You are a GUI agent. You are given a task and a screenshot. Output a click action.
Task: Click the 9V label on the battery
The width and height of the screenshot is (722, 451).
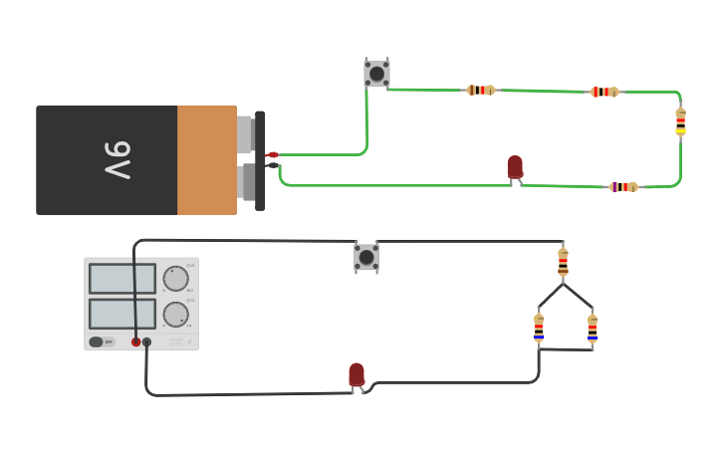click(x=117, y=160)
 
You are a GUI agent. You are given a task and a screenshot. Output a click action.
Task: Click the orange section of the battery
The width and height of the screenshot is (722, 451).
click(x=206, y=160)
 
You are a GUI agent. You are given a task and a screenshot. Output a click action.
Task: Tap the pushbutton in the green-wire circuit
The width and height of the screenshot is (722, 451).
click(x=376, y=73)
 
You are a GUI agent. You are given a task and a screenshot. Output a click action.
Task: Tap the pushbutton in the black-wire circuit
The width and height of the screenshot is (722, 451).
click(x=366, y=257)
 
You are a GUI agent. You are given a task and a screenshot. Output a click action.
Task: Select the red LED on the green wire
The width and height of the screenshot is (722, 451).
click(x=515, y=167)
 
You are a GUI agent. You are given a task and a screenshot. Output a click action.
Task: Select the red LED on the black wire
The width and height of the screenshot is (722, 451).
click(x=357, y=374)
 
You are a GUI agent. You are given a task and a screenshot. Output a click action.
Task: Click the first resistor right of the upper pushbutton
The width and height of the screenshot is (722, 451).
click(x=481, y=90)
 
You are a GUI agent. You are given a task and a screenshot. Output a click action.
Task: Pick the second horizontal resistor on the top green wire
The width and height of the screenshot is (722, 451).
click(x=604, y=92)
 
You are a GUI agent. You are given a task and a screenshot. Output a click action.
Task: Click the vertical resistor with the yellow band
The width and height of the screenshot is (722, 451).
click(x=680, y=120)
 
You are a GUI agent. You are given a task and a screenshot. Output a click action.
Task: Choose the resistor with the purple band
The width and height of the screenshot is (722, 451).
click(x=623, y=186)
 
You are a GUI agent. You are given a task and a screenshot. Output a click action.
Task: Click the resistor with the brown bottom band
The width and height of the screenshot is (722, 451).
click(x=563, y=262)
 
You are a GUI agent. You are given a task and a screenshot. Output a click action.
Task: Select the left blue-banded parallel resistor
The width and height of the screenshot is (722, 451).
click(x=539, y=328)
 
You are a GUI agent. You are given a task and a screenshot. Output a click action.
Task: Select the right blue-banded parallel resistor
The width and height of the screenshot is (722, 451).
click(x=592, y=329)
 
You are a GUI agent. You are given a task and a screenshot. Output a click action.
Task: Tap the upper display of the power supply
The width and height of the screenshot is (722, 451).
click(x=122, y=278)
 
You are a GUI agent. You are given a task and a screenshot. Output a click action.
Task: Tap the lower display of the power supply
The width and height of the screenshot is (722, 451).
click(x=122, y=314)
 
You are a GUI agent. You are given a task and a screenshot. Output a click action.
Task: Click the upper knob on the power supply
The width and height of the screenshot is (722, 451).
click(x=175, y=279)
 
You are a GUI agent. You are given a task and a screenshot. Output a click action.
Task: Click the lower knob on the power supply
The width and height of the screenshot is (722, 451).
click(x=175, y=315)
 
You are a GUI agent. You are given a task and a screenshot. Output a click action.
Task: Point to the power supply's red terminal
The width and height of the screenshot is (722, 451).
click(x=136, y=341)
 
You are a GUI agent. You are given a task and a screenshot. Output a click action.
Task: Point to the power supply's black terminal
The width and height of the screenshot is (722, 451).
click(x=147, y=341)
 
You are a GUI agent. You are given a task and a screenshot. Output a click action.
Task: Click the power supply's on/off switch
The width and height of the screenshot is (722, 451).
click(x=97, y=341)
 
